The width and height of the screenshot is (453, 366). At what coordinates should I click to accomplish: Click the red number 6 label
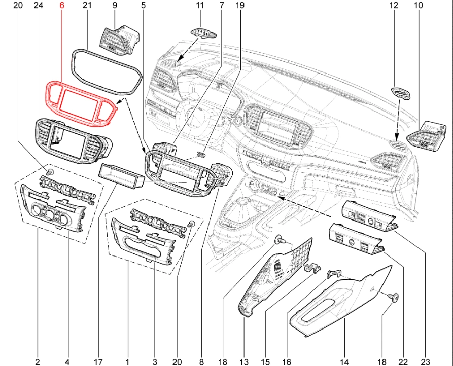(62, 6)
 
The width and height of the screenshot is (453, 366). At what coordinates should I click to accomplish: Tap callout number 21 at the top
(86, 6)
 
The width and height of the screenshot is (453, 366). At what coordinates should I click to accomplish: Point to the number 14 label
(344, 362)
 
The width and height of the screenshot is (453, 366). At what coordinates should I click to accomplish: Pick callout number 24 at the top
(38, 6)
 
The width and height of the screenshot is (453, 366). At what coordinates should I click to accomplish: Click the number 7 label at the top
(222, 6)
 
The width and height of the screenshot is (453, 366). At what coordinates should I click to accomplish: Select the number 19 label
(240, 6)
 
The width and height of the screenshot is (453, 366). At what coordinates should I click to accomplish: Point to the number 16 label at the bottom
(287, 362)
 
